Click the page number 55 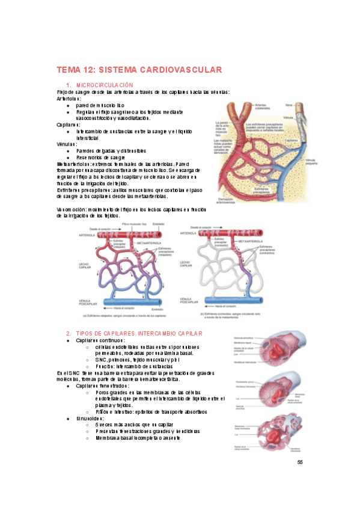click(299, 462)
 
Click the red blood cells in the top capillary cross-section click(273, 348)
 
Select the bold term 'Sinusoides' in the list click(91, 418)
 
